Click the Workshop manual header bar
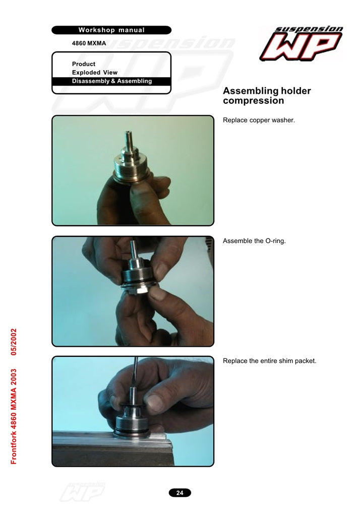[111, 30]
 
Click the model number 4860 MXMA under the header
[89, 43]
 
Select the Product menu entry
[84, 64]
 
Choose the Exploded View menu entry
[95, 73]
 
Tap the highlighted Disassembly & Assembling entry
[111, 81]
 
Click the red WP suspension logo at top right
[301, 43]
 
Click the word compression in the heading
[254, 101]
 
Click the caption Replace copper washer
[259, 120]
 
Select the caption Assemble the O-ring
[254, 241]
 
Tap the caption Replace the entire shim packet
[269, 361]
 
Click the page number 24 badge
[179, 493]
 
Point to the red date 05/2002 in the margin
[14, 342]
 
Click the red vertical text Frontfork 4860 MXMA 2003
[14, 416]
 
